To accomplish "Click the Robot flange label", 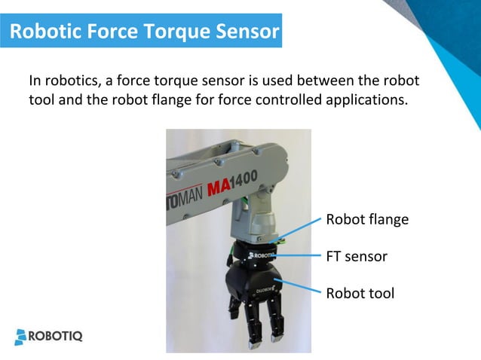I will [366, 220].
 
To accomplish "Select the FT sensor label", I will [356, 257].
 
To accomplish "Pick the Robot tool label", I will [360, 294].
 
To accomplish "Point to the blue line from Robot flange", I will [302, 229].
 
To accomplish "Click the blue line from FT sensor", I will [298, 256].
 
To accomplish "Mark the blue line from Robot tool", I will [302, 286].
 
